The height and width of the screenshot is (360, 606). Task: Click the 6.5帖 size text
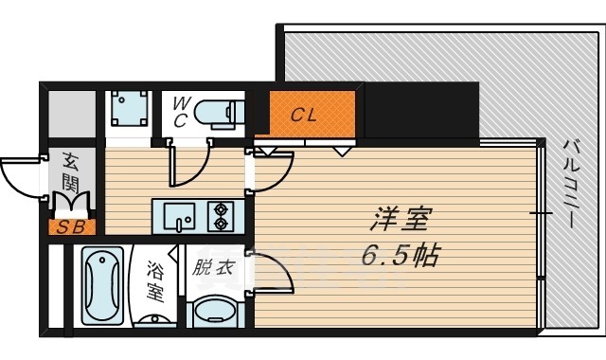399,256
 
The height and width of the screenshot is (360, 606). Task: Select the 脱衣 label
212,268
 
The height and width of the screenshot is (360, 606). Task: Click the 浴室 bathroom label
155,281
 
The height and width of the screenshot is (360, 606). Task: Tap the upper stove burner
223,208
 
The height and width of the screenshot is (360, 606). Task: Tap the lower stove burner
223,225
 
